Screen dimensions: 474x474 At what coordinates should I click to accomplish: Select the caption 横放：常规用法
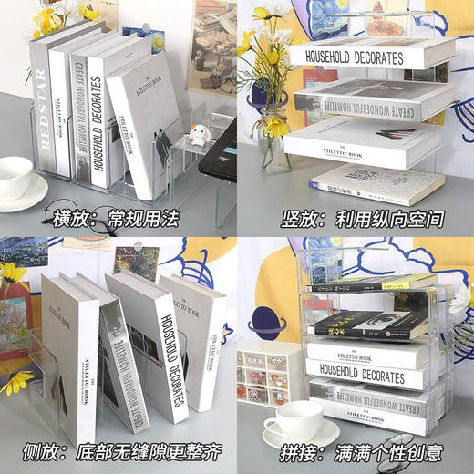117,219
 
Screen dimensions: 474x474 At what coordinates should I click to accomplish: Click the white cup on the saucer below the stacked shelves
294,420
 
